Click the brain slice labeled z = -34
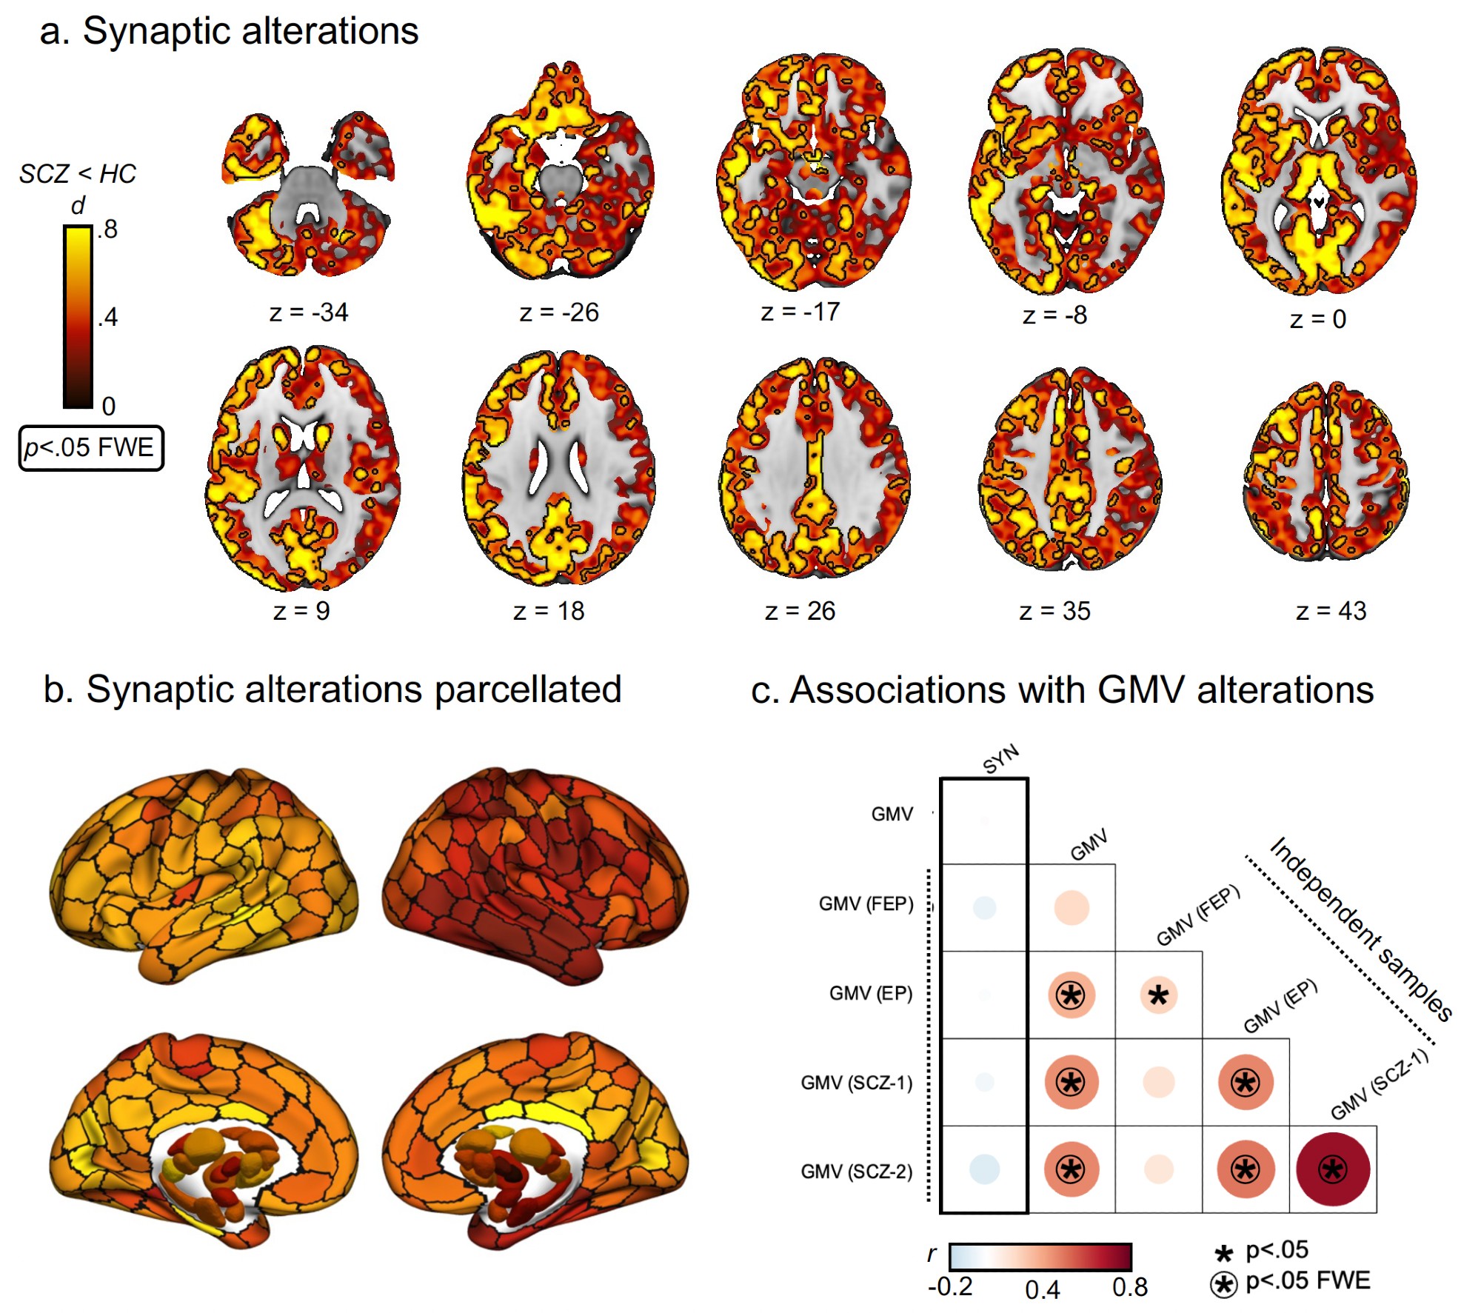pyautogui.click(x=307, y=196)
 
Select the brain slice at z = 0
pyautogui.click(x=1319, y=174)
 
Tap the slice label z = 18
pyautogui.click(x=549, y=612)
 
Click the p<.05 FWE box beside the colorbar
pyautogui.click(x=90, y=448)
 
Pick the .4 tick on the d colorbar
pyautogui.click(x=108, y=318)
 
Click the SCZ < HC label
pyautogui.click(x=78, y=174)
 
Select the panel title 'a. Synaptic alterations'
pyautogui.click(x=229, y=32)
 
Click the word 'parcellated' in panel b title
pyautogui.click(x=527, y=689)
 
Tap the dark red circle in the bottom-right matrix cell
pyautogui.click(x=1333, y=1169)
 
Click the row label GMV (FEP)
pyautogui.click(x=866, y=903)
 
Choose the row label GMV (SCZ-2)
pyautogui.click(x=856, y=1172)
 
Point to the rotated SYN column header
pyautogui.click(x=1001, y=759)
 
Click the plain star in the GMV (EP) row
pyautogui.click(x=1158, y=995)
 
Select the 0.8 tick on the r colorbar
pyautogui.click(x=1130, y=1288)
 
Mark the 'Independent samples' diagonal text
pyautogui.click(x=1361, y=929)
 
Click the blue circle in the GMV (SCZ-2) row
pyautogui.click(x=984, y=1169)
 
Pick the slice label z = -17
pyautogui.click(x=800, y=313)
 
